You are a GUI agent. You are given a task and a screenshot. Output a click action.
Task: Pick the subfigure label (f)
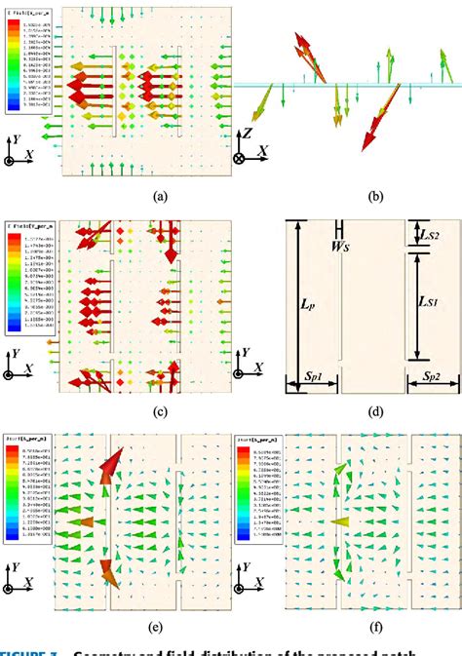(x=375, y=626)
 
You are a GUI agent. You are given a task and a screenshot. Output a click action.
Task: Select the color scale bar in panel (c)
(x=11, y=278)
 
